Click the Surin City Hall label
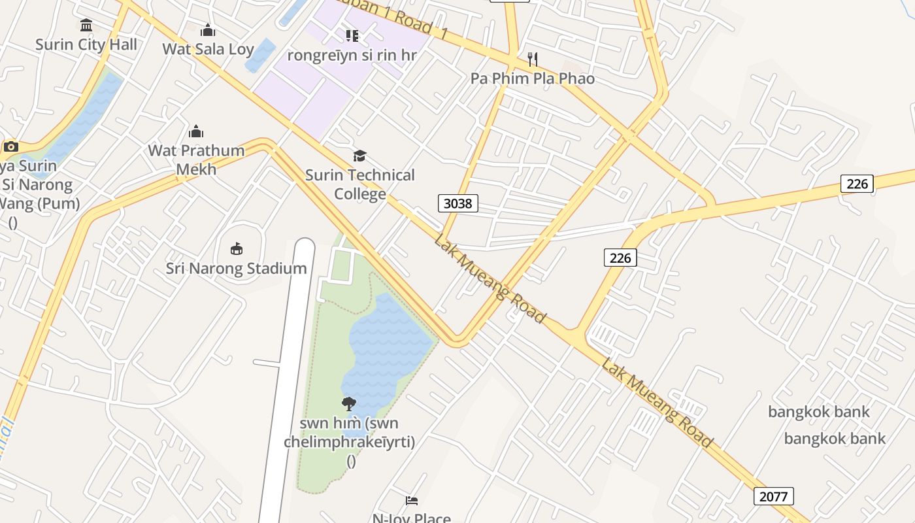(x=86, y=44)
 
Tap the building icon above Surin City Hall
(x=86, y=25)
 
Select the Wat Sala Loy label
(x=208, y=49)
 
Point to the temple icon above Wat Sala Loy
(x=208, y=30)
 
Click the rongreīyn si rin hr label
(x=352, y=55)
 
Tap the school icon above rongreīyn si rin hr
(x=352, y=35)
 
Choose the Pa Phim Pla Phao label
(x=533, y=78)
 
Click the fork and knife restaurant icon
(x=533, y=59)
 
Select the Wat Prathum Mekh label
(x=196, y=160)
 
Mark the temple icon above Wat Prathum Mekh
(x=196, y=131)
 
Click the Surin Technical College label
(x=360, y=184)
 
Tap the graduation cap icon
(x=360, y=156)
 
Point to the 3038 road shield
(x=457, y=203)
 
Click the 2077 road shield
(x=774, y=496)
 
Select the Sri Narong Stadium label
(x=236, y=269)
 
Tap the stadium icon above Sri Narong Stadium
(x=237, y=248)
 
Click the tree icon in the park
(x=349, y=403)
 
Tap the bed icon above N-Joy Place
(x=412, y=501)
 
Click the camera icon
(x=10, y=146)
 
